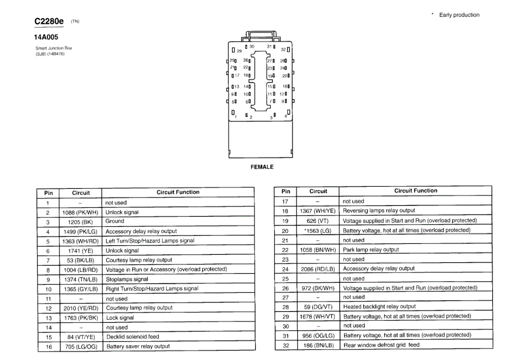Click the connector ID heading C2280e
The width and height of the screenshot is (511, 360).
tap(49, 21)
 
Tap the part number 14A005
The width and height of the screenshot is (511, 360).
tap(46, 38)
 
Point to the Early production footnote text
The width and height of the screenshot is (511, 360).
tap(459, 15)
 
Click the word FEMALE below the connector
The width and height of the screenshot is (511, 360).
tap(262, 167)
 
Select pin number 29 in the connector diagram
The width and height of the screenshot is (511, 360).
tap(239, 51)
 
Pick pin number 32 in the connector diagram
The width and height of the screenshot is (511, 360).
tap(283, 50)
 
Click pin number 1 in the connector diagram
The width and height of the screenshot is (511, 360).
tap(235, 117)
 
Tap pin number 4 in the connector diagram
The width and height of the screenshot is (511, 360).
tap(286, 116)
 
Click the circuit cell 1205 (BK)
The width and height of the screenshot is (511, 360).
tap(81, 222)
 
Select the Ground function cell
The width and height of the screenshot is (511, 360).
tap(115, 221)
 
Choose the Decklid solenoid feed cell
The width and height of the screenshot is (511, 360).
tap(133, 337)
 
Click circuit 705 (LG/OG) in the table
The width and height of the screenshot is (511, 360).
tap(81, 347)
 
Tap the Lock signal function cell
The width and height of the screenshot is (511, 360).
tap(120, 318)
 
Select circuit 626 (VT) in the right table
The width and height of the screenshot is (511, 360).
tap(318, 221)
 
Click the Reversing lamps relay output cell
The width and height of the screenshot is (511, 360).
tap(379, 211)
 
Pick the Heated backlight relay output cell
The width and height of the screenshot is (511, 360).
tap(379, 307)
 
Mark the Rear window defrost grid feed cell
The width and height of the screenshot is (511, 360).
tap(381, 345)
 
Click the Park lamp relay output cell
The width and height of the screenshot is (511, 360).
tap(371, 250)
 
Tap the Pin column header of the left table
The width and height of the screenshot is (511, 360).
tap(48, 193)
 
